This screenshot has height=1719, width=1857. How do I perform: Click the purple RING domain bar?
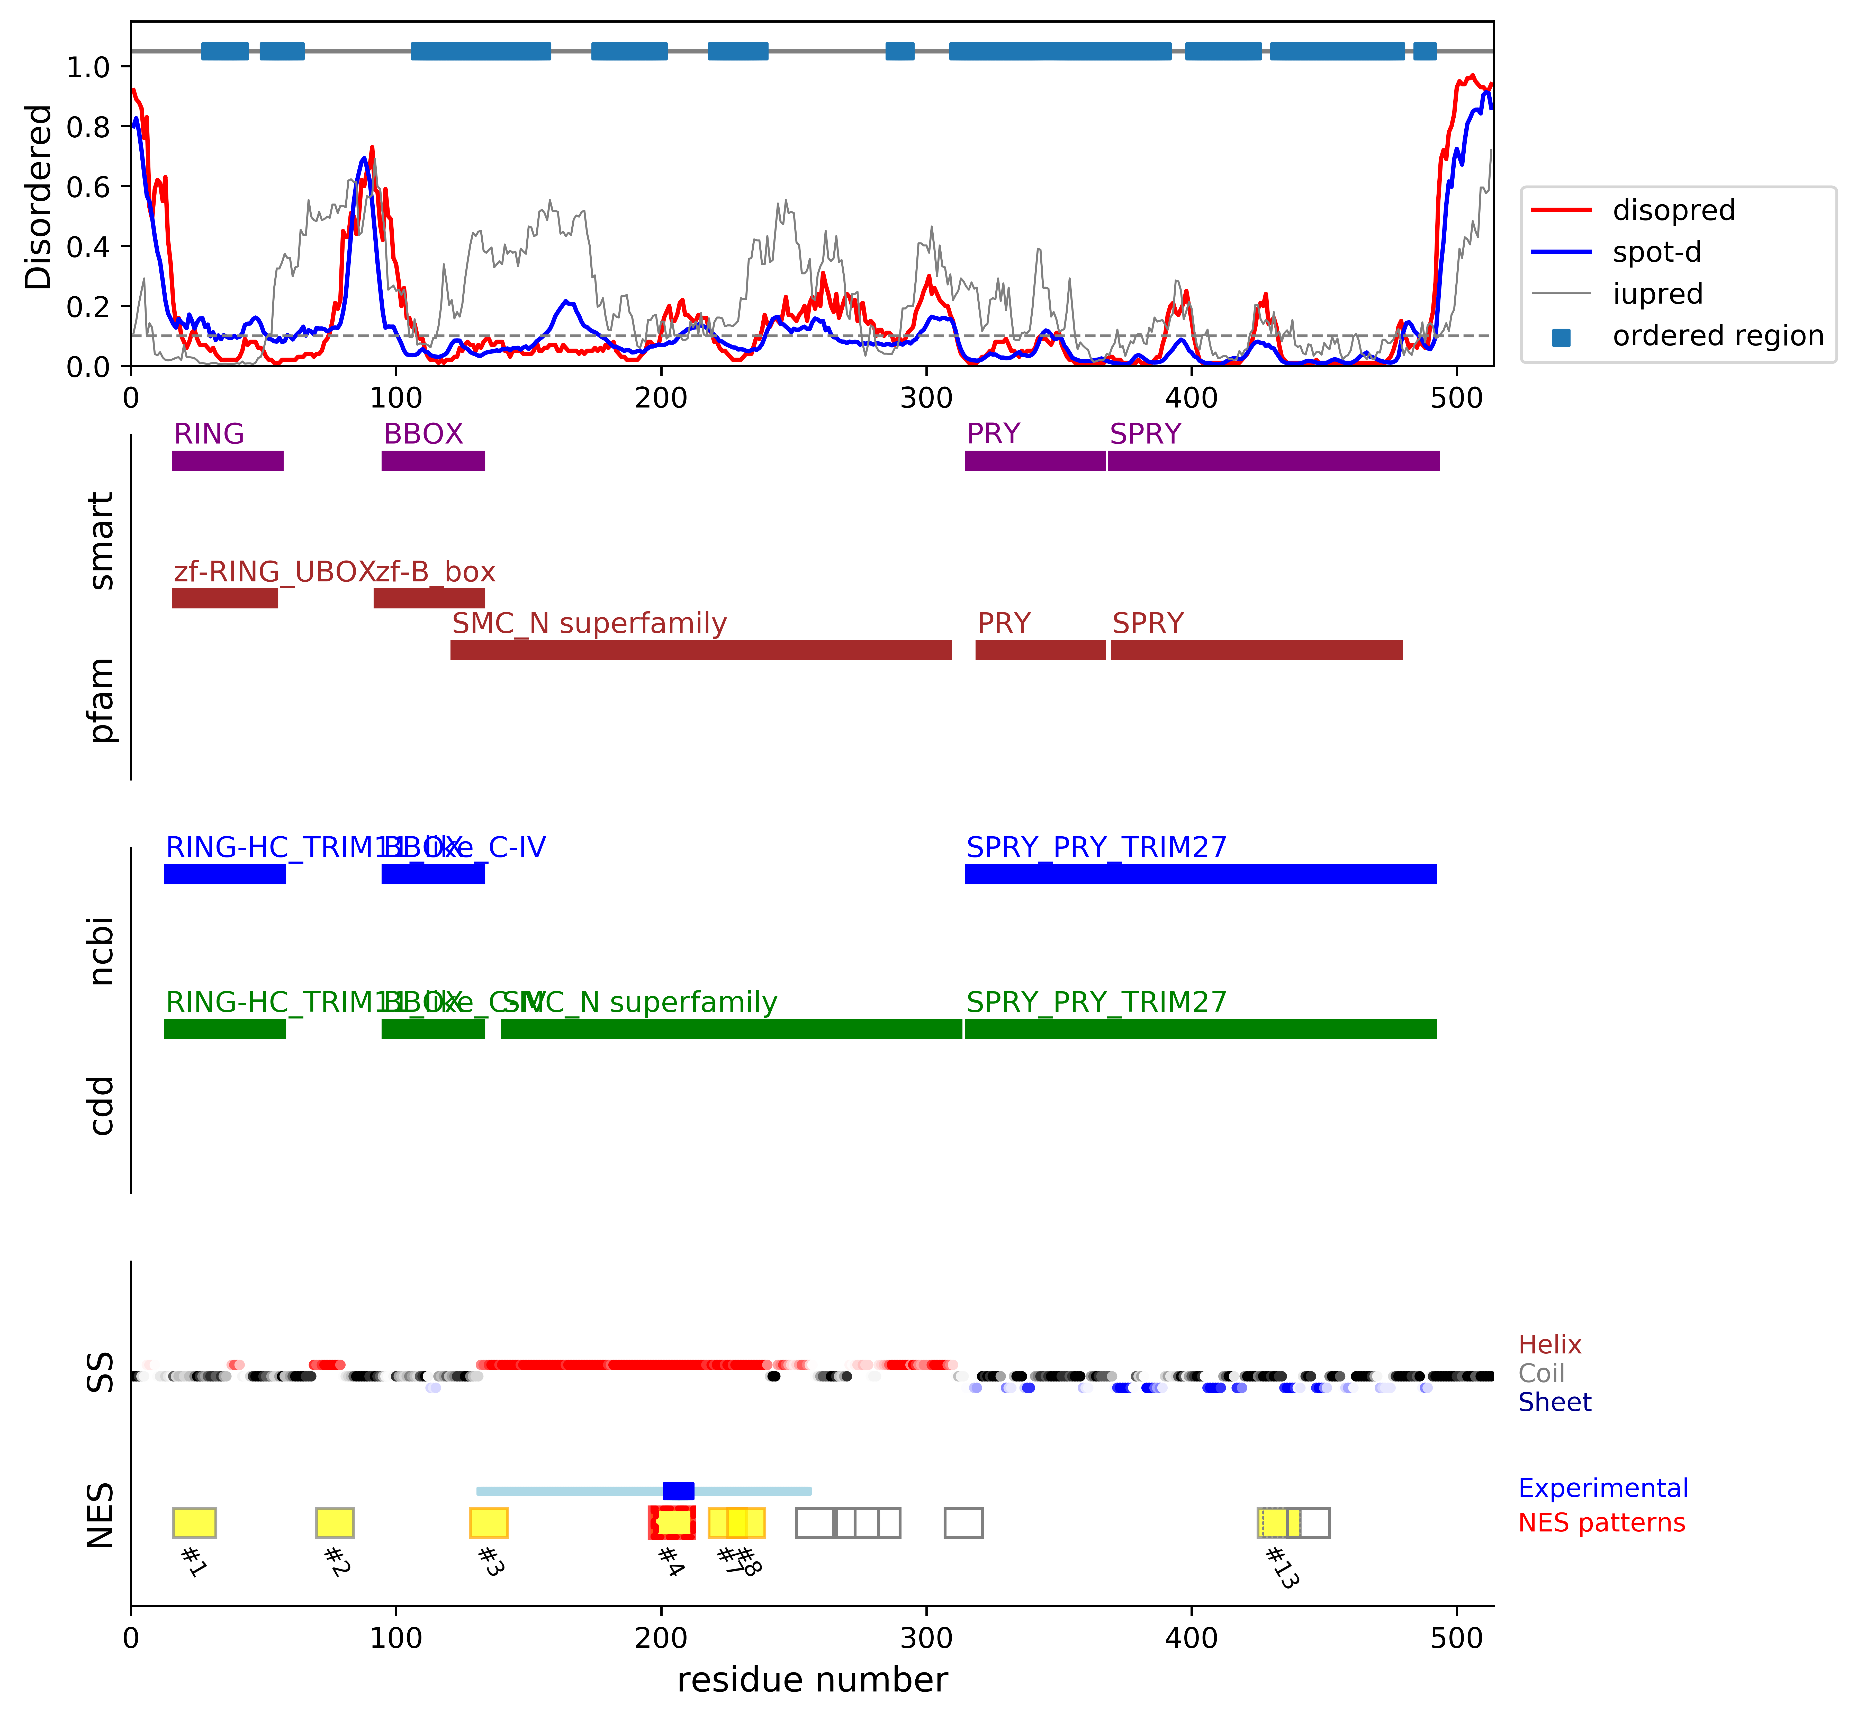(228, 460)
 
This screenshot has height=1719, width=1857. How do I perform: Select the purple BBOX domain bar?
(433, 460)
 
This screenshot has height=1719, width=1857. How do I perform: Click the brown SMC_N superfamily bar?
(701, 650)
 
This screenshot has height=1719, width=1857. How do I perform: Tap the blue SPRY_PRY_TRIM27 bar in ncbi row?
(1201, 873)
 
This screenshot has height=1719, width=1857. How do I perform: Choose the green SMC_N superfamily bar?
(731, 1029)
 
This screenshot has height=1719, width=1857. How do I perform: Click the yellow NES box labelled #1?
(194, 1523)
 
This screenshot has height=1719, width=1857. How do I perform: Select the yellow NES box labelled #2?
(335, 1523)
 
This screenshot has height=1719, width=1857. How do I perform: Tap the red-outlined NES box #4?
(671, 1523)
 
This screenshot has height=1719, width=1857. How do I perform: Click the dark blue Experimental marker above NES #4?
(678, 1490)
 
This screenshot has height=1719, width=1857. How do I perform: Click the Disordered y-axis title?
(39, 197)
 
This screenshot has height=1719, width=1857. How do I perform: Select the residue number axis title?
(812, 1680)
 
